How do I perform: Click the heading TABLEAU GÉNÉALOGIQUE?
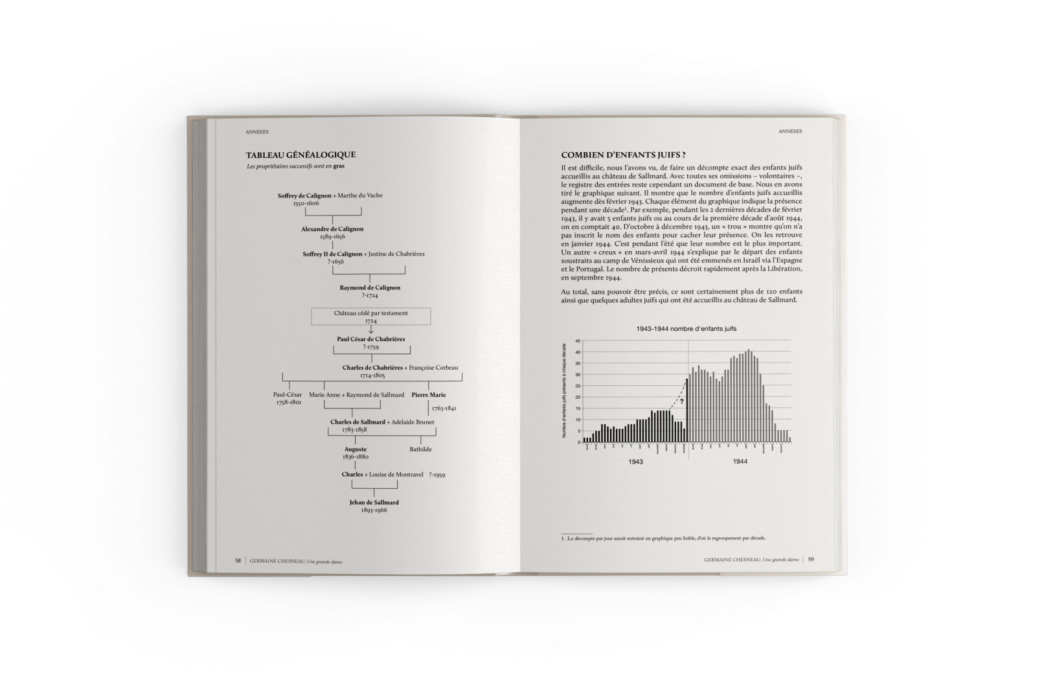[x=301, y=155]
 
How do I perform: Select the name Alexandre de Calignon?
[x=332, y=229]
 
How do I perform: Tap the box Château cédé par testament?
[x=371, y=316]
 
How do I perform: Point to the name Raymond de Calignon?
[x=370, y=287]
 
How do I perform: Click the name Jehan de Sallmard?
[x=374, y=502]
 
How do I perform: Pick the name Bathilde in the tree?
[x=420, y=449]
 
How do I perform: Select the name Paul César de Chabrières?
[x=371, y=339]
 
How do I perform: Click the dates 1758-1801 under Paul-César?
[x=288, y=402]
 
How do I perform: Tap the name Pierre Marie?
[x=429, y=395]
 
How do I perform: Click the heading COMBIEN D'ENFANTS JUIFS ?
[x=623, y=155]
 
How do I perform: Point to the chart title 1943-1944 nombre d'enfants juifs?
[x=686, y=329]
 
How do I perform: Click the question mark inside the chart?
[x=681, y=401]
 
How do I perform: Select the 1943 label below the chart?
[x=635, y=462]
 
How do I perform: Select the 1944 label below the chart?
[x=740, y=462]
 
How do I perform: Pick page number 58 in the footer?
[x=238, y=561]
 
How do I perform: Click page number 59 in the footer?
[x=811, y=560]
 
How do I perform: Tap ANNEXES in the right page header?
[x=790, y=131]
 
